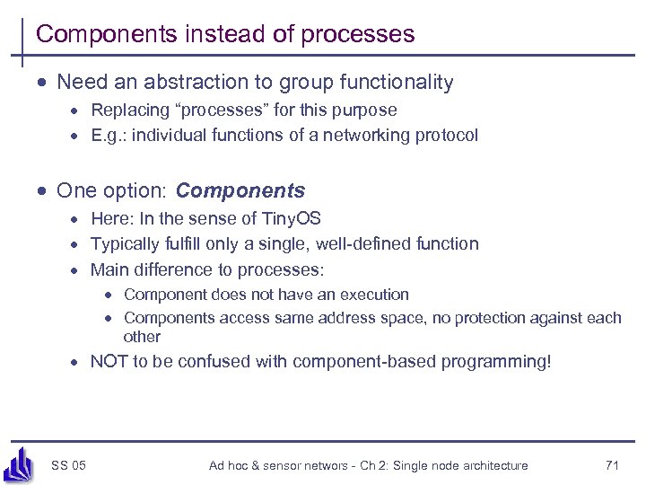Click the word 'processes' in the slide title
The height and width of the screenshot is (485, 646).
[358, 35]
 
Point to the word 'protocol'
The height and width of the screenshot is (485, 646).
[446, 136]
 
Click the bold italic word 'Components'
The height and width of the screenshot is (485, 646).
[240, 191]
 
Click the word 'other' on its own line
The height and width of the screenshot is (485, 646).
[142, 337]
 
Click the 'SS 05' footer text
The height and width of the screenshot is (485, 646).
[69, 465]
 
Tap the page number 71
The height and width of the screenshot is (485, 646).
[613, 465]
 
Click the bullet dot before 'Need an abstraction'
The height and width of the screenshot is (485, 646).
[42, 84]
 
